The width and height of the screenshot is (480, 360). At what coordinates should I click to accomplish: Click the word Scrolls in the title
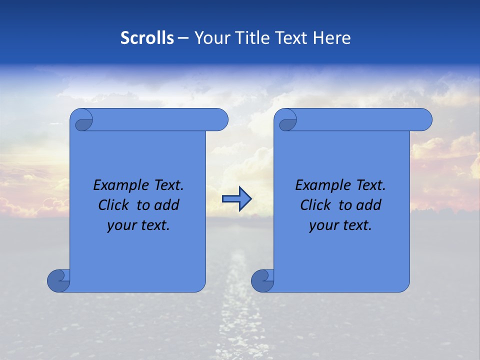tap(147, 38)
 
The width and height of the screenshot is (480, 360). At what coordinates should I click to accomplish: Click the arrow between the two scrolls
tap(237, 198)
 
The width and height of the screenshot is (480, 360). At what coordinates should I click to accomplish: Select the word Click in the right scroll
tap(315, 205)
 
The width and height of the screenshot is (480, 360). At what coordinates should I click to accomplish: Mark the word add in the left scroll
tap(167, 205)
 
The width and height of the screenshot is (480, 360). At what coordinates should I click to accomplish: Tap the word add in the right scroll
tap(369, 205)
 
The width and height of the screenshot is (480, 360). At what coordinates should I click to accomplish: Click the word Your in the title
tap(210, 38)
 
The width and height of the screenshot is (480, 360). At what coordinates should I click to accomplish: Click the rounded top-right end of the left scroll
tap(220, 119)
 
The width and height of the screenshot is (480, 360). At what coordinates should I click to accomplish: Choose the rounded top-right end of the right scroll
tap(424, 119)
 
